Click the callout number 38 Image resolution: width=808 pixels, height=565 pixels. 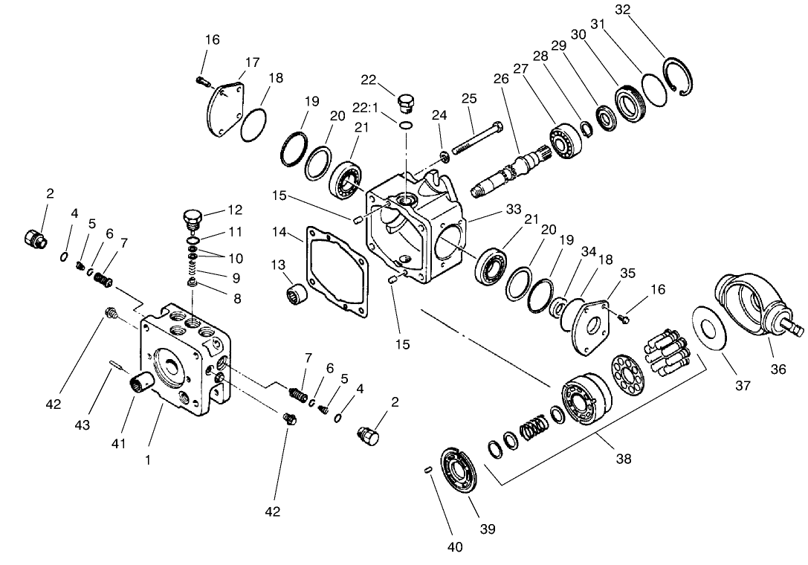pyautogui.click(x=623, y=459)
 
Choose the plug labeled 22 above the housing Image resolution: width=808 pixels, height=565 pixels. pyautogui.click(x=406, y=101)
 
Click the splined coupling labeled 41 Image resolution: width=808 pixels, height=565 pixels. pyautogui.click(x=141, y=384)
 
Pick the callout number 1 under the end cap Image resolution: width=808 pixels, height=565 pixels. pyautogui.click(x=148, y=460)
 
